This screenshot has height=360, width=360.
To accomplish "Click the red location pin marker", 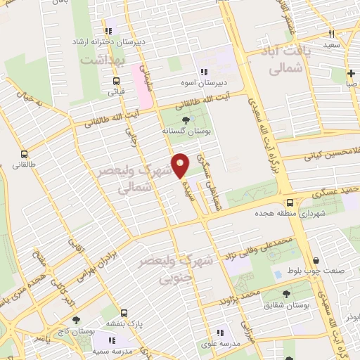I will [180, 165].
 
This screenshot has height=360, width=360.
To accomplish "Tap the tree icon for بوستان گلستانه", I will [185, 120].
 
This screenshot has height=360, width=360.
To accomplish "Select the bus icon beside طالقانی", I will [25, 154].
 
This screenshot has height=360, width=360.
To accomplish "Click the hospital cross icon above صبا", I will [350, 72].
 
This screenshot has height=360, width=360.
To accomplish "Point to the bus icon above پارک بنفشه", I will [124, 311].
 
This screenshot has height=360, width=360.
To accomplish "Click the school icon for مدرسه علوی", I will [220, 333].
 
